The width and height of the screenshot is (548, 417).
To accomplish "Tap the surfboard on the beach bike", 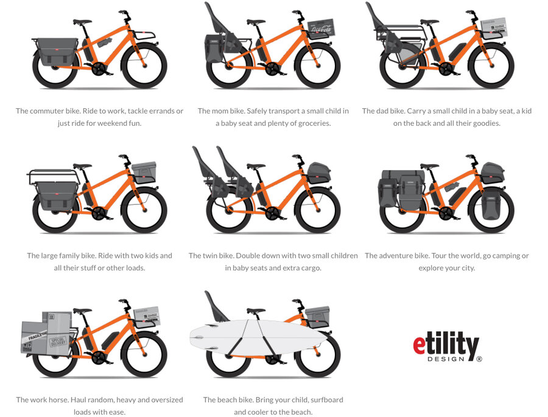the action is (x=259, y=337).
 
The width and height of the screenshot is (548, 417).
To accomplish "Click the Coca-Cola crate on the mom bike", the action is (x=321, y=28).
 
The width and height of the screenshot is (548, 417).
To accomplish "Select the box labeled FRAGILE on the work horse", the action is (x=34, y=337).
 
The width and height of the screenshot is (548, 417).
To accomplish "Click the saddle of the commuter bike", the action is (x=82, y=22).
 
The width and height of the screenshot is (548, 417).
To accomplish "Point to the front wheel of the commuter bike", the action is (x=144, y=65).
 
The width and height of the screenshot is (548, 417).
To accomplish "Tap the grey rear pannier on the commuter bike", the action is (x=57, y=52).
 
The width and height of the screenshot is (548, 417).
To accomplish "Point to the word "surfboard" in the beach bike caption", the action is (x=327, y=399).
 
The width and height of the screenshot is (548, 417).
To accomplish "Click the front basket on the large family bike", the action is (x=144, y=171).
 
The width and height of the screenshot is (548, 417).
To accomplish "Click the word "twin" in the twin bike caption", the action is (x=211, y=255).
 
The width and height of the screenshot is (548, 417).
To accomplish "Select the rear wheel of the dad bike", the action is (x=402, y=65).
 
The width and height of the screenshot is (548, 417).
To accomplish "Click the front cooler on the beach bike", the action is (x=317, y=317).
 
